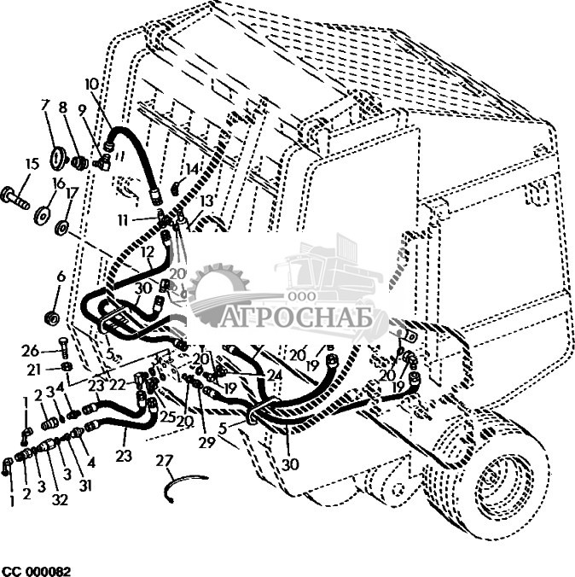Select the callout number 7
(x=46, y=106)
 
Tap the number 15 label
(x=32, y=164)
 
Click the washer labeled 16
(x=40, y=213)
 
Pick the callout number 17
(x=72, y=192)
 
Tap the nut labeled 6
(x=52, y=319)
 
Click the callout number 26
(x=31, y=351)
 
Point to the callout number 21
(x=33, y=369)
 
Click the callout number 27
(x=165, y=461)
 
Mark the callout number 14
(x=192, y=169)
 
